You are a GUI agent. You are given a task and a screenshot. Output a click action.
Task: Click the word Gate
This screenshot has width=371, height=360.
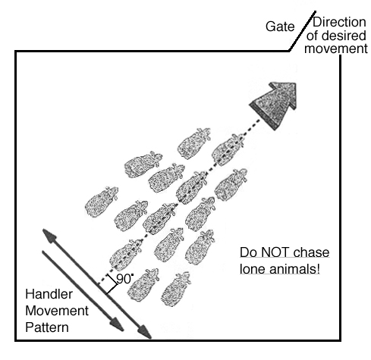click(280, 27)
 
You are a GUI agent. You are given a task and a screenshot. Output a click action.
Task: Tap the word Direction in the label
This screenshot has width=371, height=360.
click(339, 22)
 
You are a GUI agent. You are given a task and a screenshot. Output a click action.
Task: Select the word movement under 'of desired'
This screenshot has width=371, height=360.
click(336, 49)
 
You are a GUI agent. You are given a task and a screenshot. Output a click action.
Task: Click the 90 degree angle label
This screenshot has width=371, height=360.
click(124, 279)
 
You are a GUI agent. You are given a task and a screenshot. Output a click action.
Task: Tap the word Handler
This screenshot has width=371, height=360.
click(49, 294)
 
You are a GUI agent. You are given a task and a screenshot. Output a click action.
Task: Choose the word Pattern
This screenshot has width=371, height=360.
click(47, 327)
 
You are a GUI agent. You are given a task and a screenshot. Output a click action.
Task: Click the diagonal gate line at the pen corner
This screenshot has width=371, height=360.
click(302, 31)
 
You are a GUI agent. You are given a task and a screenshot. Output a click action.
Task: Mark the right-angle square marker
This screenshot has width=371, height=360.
click(112, 284)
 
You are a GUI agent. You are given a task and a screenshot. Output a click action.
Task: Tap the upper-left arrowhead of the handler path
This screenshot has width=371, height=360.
click(49, 236)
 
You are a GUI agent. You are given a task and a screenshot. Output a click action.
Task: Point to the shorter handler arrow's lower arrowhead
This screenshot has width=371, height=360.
click(117, 324)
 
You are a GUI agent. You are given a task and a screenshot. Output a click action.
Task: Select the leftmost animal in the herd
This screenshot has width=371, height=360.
click(102, 202)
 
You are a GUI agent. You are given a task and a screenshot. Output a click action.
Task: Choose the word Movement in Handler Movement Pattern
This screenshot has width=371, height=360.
click(57, 311)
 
